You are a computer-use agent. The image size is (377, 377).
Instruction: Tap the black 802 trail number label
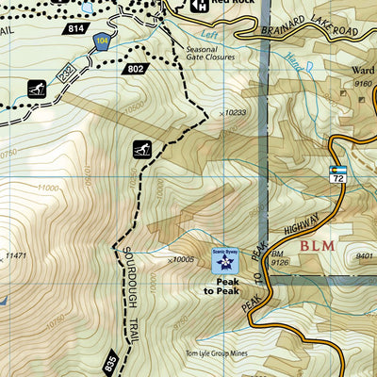coord(135,69)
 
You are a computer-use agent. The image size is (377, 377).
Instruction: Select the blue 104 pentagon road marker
coord(102,41)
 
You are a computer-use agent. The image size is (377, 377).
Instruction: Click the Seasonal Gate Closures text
coord(214,57)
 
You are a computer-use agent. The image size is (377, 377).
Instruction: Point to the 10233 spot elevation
coord(238,113)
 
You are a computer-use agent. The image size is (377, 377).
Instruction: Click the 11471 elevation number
coord(15,255)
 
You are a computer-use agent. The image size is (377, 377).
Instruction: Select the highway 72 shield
coord(338,172)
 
